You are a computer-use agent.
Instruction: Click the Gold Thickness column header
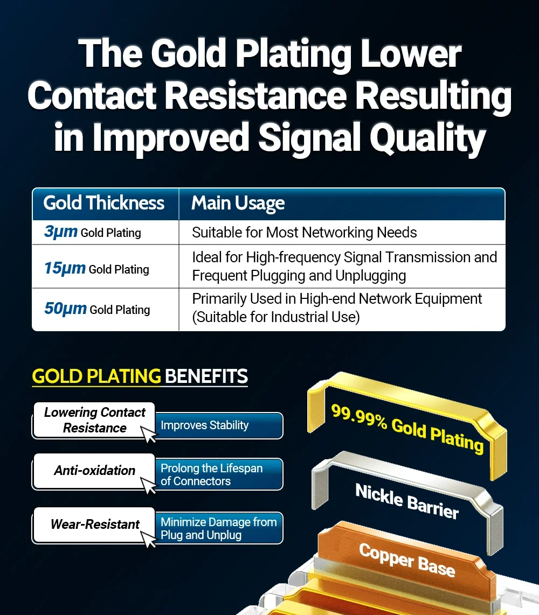pyautogui.click(x=104, y=203)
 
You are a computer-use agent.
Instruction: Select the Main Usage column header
pyautogui.click(x=238, y=204)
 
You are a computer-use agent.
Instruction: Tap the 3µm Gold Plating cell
pyautogui.click(x=93, y=232)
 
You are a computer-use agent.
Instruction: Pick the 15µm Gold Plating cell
pyautogui.click(x=97, y=268)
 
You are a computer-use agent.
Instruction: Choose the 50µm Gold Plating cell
pyautogui.click(x=97, y=309)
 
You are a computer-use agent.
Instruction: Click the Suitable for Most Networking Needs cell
pyautogui.click(x=305, y=233)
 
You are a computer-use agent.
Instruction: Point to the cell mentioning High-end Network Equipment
pyautogui.click(x=337, y=307)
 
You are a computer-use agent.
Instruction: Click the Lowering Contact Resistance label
pyautogui.click(x=94, y=420)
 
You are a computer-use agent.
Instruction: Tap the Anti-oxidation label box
pyautogui.click(x=94, y=471)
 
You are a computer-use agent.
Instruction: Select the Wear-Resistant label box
pyautogui.click(x=94, y=525)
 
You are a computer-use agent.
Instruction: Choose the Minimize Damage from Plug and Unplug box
pyautogui.click(x=218, y=528)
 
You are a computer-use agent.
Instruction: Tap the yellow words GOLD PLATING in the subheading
pyautogui.click(x=96, y=376)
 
